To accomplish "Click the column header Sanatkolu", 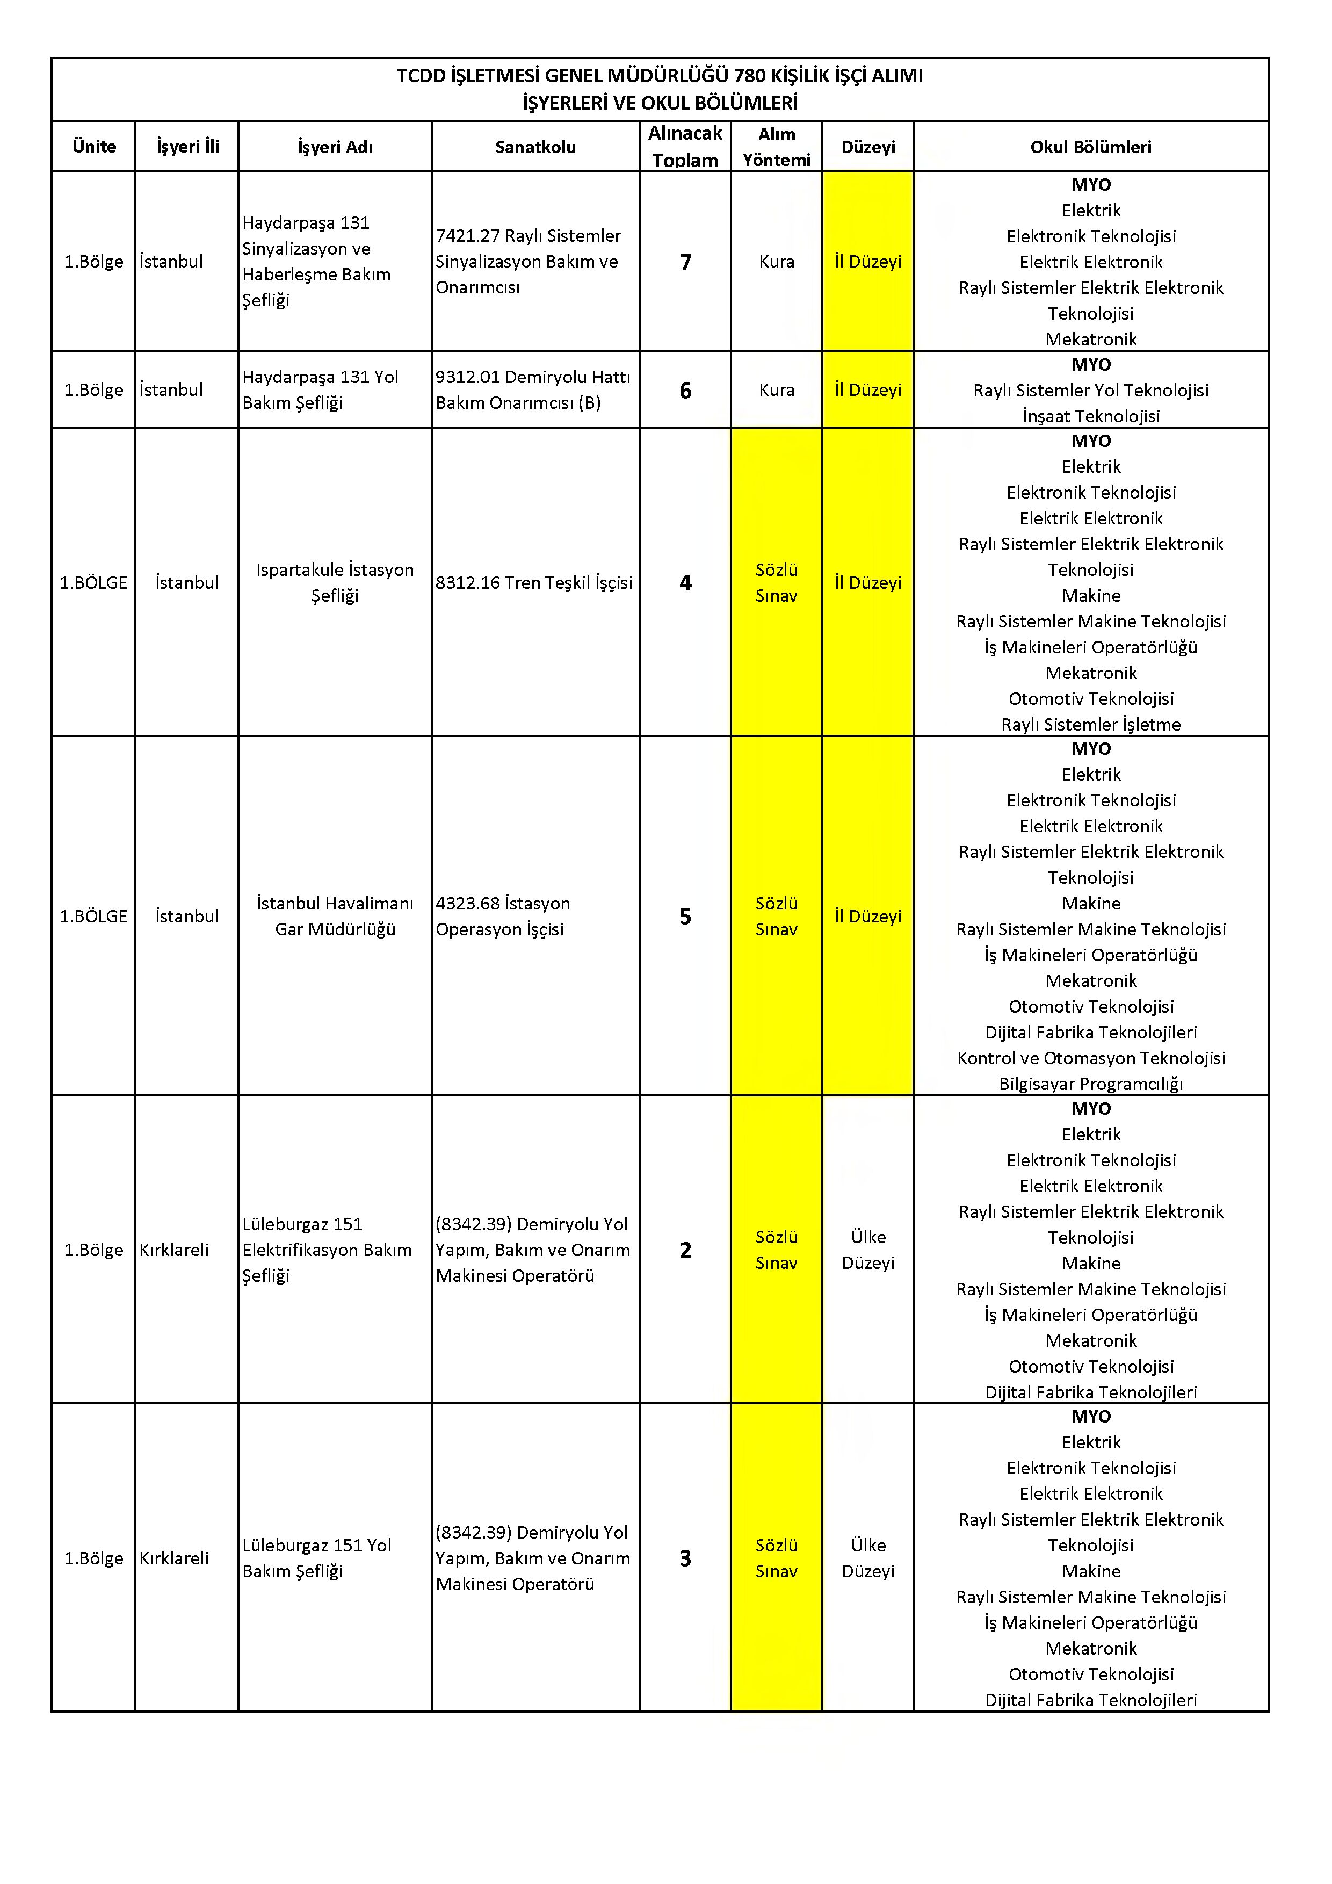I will (x=535, y=147).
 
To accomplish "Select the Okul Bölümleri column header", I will (x=1090, y=147).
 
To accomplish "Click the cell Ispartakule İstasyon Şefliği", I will (x=335, y=582).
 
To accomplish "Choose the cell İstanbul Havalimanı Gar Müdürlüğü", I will (x=335, y=916).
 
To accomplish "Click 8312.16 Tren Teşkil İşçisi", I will (x=534, y=582).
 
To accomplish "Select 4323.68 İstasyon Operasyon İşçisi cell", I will (x=502, y=916).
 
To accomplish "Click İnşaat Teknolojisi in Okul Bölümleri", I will (x=1090, y=416).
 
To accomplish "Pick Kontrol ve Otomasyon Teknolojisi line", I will (x=1090, y=1058).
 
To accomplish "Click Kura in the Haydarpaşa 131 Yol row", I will (x=776, y=391).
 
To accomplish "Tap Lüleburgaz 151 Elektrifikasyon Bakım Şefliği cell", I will (x=327, y=1250).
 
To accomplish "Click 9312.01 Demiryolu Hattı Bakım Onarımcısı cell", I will (x=532, y=391).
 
